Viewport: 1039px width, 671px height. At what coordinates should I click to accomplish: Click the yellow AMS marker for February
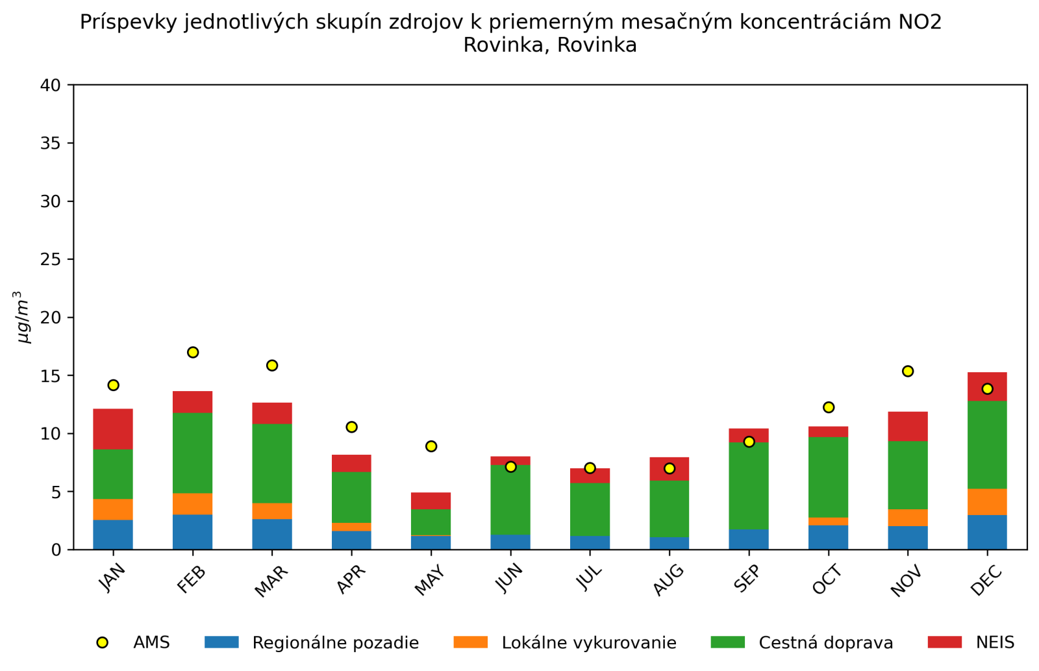(x=193, y=352)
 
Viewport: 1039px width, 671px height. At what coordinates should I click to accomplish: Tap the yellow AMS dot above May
(x=431, y=446)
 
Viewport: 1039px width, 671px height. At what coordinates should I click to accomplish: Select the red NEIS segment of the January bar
(x=113, y=429)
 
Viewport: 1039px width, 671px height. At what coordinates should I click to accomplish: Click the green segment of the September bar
(x=749, y=486)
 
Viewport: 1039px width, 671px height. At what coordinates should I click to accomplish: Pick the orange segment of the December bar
(x=987, y=501)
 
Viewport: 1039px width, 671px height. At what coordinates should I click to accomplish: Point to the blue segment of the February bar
(x=193, y=532)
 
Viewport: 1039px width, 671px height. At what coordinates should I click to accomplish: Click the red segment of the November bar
(x=908, y=426)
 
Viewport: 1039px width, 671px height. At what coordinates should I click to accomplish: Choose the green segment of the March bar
(x=272, y=463)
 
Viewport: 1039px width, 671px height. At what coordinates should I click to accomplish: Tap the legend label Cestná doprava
(x=826, y=643)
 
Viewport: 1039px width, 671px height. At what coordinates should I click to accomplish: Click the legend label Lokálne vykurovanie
(x=589, y=643)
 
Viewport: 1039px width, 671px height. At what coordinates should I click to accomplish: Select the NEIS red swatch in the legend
(x=945, y=642)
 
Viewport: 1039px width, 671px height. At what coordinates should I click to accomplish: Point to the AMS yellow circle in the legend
(x=102, y=642)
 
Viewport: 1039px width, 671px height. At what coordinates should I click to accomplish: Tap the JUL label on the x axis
(x=589, y=577)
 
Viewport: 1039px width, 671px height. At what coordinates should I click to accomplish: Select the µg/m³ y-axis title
(x=24, y=317)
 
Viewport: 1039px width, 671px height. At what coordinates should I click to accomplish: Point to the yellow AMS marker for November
(x=908, y=371)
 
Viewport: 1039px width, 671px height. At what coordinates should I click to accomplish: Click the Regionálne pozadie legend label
(x=336, y=643)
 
